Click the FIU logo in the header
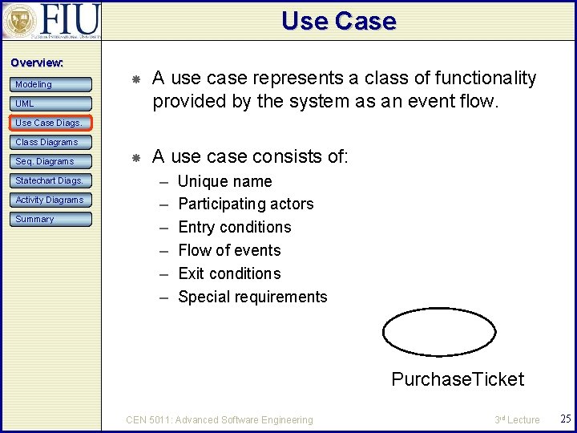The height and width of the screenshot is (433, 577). tap(51, 21)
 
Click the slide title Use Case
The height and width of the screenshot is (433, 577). tap(338, 21)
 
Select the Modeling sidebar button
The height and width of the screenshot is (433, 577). tap(51, 84)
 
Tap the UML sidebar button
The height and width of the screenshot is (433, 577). tap(51, 103)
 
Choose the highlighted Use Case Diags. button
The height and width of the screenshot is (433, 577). tap(51, 123)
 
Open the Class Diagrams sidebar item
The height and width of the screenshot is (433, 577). tap(51, 142)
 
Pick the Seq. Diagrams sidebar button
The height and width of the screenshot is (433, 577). tap(51, 161)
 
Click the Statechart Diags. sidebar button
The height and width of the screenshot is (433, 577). tap(51, 180)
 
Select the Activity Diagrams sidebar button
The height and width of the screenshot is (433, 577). tap(51, 200)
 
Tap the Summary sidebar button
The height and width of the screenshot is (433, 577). tap(51, 219)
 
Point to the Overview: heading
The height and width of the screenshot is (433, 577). tap(36, 63)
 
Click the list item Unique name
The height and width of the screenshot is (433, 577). tap(224, 181)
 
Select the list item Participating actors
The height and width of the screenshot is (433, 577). tap(245, 204)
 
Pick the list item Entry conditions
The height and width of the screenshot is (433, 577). tap(234, 228)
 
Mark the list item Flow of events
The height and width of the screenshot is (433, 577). tap(229, 251)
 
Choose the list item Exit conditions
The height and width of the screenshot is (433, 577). tap(229, 274)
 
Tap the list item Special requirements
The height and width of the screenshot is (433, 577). tap(252, 297)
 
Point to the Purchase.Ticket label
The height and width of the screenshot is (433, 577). tap(457, 379)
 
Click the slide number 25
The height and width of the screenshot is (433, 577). tap(564, 419)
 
